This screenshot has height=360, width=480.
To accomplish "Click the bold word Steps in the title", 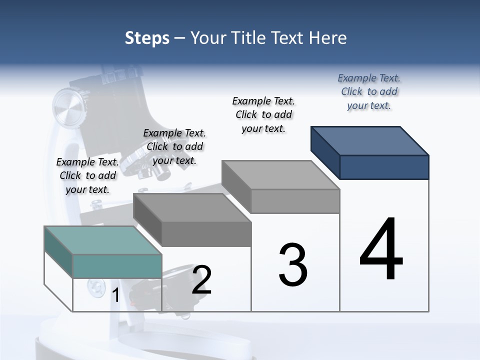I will point(147,38).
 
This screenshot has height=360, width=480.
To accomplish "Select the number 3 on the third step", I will point(293,265).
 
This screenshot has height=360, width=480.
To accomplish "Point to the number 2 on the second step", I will point(201,280).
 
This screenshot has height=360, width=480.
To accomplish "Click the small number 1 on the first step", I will point(115,295).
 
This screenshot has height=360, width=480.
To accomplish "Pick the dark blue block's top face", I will point(370,140).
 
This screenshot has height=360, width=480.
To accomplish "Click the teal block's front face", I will point(117,266).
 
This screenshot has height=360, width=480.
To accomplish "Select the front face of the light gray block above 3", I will point(295,201).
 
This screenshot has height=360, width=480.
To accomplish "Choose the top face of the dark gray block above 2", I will point(192,207).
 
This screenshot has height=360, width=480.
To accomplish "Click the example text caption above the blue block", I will point(369,91).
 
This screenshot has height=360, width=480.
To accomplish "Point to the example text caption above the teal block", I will point(87,175).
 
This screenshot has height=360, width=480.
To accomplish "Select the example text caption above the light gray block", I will point(263,114).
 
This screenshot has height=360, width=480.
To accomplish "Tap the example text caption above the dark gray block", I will point(174,146).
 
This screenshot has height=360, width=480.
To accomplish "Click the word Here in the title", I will point(328,38).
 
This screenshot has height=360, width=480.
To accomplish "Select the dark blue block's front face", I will point(384,167).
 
